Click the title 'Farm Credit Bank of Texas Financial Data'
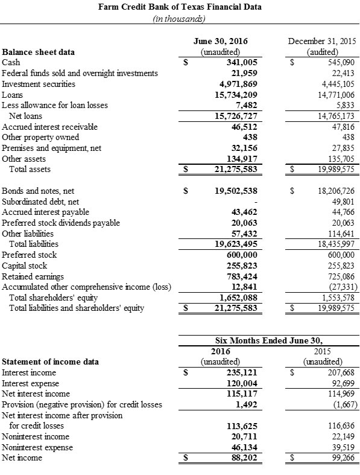tap(179, 7)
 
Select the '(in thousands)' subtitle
tap(179, 18)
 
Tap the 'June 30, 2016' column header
tap(220, 41)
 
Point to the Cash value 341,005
tap(239, 62)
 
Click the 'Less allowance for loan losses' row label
tap(55, 105)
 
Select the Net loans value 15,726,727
tap(236, 116)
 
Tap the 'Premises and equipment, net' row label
tap(50, 148)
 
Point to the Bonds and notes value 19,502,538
tap(236, 190)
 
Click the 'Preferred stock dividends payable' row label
tap(62, 223)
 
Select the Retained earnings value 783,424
tap(242, 276)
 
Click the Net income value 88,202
tap(245, 458)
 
